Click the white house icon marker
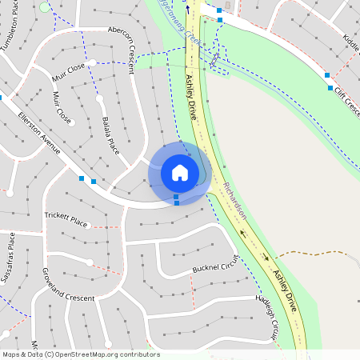(179, 172)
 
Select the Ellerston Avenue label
(40, 133)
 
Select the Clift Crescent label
(347, 102)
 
